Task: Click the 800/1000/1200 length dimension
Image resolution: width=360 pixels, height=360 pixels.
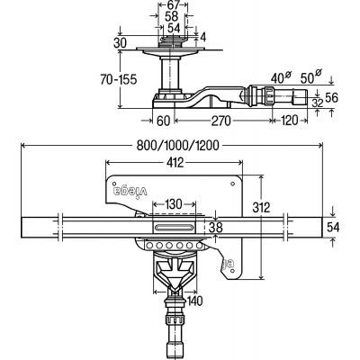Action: (177, 146)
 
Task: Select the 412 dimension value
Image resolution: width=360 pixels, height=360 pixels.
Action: (175, 163)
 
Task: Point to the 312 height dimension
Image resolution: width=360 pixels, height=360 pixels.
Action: (261, 207)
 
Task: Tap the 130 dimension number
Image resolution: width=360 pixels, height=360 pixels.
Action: (174, 204)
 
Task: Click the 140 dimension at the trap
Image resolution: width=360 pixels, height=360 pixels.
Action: (193, 301)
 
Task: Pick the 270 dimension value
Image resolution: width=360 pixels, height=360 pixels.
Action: (221, 121)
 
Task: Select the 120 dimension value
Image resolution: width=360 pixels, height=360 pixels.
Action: (290, 121)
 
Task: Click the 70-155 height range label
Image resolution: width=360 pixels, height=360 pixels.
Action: (118, 79)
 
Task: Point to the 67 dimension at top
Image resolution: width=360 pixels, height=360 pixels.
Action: (173, 4)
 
